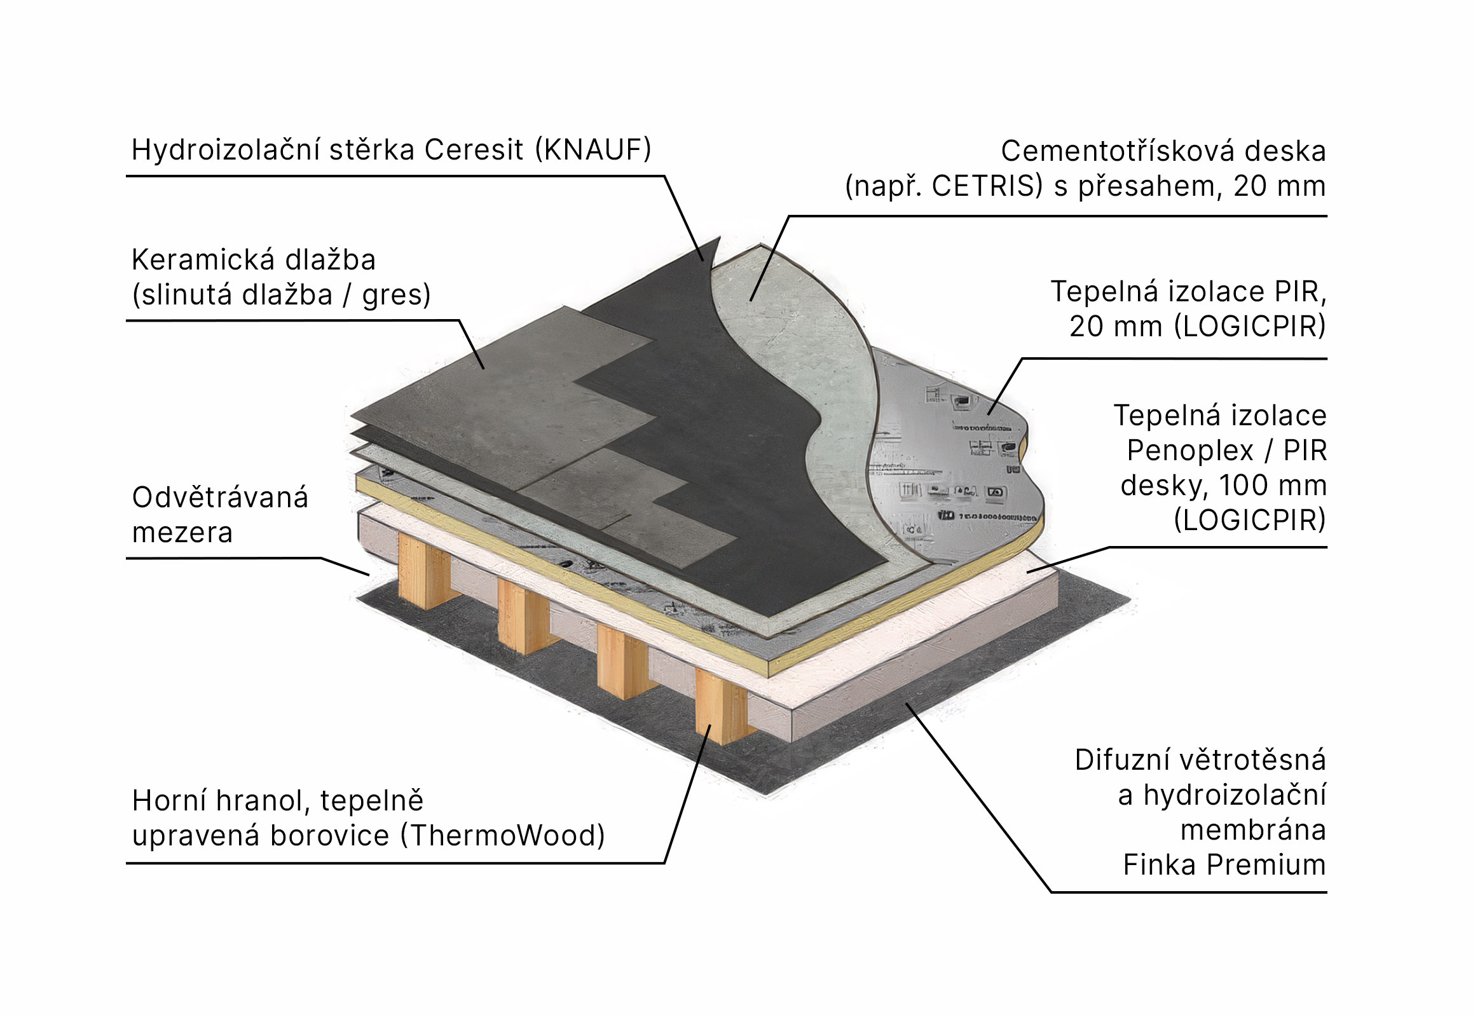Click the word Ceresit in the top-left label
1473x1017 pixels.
(473, 151)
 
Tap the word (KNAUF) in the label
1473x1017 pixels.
(593, 151)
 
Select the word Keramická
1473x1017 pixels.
(202, 260)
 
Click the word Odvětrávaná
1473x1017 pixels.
(220, 498)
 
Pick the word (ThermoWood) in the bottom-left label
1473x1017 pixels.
(502, 835)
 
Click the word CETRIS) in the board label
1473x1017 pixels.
(987, 186)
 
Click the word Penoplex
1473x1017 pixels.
(1189, 451)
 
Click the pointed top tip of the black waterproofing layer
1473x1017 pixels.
(718, 239)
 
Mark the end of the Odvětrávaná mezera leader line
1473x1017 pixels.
(369, 575)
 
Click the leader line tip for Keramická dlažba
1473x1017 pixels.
(483, 368)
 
